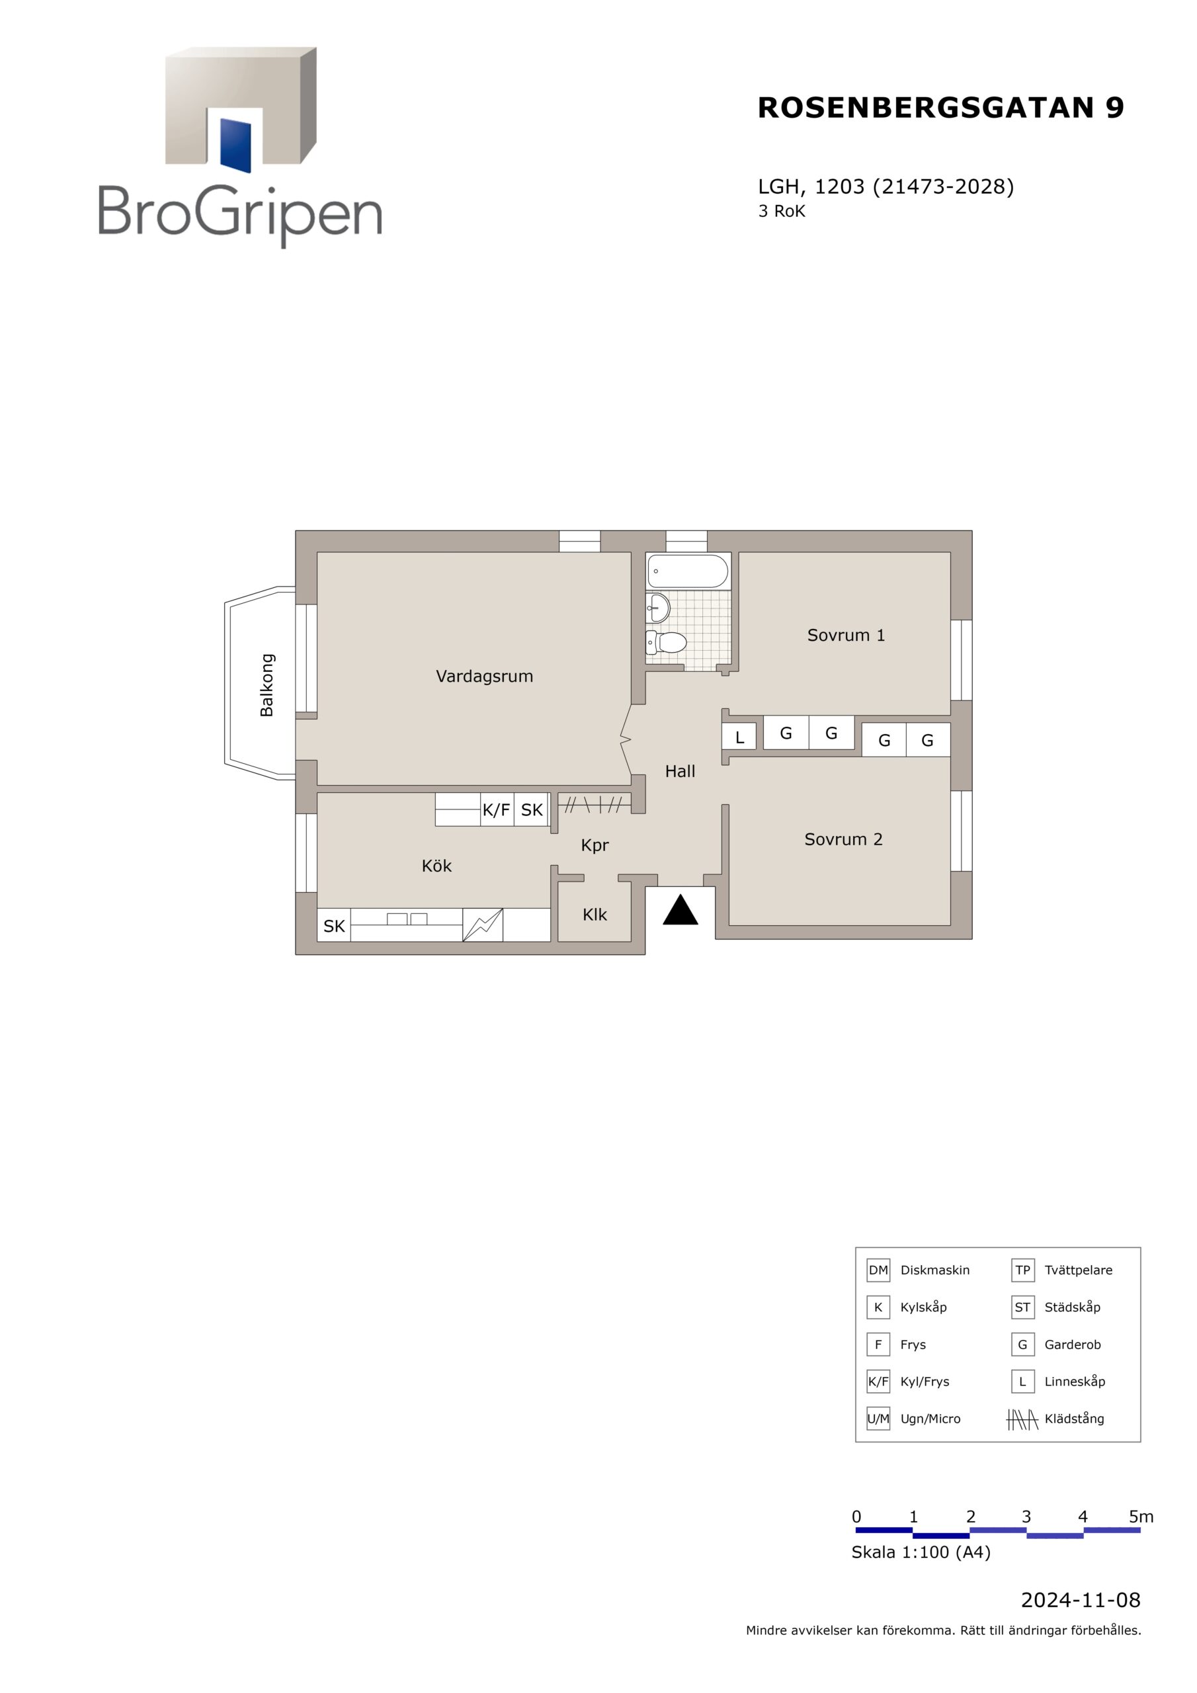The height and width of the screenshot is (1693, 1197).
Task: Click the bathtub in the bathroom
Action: [x=687, y=571]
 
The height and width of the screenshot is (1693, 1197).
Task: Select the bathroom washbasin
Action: [x=658, y=608]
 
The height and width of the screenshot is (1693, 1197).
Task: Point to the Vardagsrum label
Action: [x=485, y=676]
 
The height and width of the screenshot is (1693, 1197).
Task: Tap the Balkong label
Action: [x=267, y=685]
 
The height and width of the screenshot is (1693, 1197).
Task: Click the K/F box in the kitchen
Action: [x=497, y=809]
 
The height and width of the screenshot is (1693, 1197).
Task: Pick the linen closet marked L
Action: [x=740, y=737]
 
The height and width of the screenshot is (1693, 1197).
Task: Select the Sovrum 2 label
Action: [x=843, y=839]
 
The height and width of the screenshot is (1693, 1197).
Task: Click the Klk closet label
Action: [x=595, y=915]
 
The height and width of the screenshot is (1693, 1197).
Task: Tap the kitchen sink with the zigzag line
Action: [x=482, y=925]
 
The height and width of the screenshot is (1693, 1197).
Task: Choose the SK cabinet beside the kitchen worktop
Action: [x=334, y=925]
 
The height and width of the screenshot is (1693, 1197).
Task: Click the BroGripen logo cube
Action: [x=241, y=106]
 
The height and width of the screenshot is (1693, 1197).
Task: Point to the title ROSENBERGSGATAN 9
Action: [x=940, y=108]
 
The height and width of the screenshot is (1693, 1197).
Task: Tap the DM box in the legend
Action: [x=878, y=1270]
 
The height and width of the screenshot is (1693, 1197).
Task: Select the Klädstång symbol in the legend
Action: [x=1022, y=1419]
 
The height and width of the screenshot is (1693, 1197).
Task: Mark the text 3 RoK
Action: [x=782, y=212]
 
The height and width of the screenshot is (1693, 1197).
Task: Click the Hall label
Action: [x=680, y=771]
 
